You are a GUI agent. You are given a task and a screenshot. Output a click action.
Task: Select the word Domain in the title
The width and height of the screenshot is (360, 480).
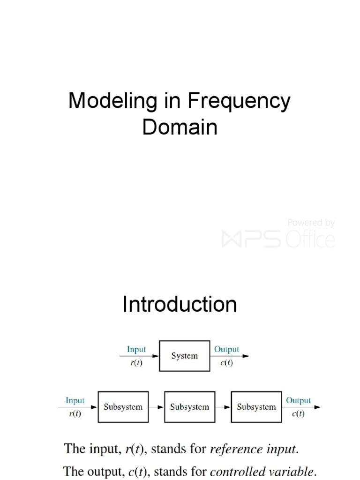(x=180, y=127)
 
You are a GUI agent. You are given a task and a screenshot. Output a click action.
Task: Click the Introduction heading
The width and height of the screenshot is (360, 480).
(x=180, y=305)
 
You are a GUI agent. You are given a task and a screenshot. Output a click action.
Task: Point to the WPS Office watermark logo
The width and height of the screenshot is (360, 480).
(x=278, y=239)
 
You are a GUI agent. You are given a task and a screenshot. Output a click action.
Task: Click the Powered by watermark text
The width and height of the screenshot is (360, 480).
(x=311, y=223)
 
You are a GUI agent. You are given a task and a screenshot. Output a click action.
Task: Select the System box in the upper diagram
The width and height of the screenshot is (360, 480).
(x=185, y=356)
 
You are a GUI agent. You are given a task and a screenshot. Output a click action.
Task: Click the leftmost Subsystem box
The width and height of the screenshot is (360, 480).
(x=123, y=407)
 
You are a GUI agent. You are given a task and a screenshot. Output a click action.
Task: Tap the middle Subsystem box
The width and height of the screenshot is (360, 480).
(x=189, y=407)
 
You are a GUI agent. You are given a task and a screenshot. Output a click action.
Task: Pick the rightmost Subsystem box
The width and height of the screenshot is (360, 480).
(x=256, y=407)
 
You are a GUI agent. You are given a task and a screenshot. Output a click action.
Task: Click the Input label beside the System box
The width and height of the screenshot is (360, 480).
(x=136, y=349)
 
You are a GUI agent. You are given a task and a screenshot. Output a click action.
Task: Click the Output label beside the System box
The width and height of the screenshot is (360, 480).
(x=226, y=349)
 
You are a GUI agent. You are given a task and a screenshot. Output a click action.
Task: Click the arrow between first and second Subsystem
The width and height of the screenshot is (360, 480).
(x=157, y=407)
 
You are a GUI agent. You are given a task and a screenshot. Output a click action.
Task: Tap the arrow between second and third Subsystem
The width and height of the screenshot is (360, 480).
(x=223, y=407)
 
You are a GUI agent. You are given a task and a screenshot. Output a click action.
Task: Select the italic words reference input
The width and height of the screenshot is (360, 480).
(x=253, y=449)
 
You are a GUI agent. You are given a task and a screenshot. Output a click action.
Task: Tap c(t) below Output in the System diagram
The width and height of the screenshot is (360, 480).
(x=225, y=363)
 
